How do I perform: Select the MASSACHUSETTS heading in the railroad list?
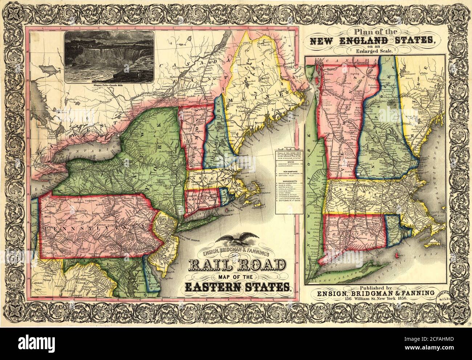[289, 181]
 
